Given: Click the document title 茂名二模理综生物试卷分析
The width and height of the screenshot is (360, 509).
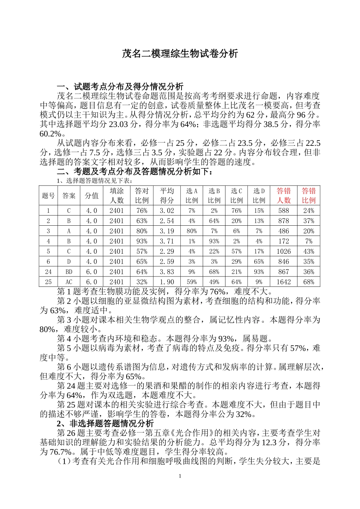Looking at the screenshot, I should pos(180,54).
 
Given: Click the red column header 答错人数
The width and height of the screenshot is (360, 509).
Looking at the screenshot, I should pos(283,195).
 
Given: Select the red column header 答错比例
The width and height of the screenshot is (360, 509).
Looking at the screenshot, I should pos(308,195).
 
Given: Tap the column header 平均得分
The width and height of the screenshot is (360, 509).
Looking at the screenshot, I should pos(167,195).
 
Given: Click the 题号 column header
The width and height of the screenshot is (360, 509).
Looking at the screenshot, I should pos(48,195).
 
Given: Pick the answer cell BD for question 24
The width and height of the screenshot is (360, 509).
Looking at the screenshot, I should pos(69,272).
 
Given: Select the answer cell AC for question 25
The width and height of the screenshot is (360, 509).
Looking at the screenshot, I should pos(69,282).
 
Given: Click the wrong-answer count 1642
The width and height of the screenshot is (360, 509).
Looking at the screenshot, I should pos(283,282).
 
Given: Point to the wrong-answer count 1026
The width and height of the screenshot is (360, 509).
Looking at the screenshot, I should pos(283,251).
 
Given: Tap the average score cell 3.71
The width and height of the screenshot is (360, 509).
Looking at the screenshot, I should pos(167,241).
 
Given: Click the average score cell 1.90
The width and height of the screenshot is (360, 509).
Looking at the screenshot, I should pos(167,282).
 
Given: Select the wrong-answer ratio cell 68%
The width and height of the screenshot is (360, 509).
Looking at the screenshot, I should pos(308,282).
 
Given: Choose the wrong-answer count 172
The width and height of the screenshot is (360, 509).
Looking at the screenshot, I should pos(283,241).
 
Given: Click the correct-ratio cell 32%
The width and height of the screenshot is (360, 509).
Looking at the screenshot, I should pos(142,282).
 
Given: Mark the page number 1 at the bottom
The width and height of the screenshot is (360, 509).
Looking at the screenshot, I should pos(180,476).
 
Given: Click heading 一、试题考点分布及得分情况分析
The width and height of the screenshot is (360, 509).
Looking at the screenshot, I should pos(120,87).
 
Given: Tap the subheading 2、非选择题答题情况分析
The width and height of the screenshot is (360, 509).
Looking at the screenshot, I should pos(105,423).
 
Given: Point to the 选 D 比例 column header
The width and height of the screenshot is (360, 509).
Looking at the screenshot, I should pos(259,195).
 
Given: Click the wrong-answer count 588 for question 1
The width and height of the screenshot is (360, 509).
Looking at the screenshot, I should pos(283,211).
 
